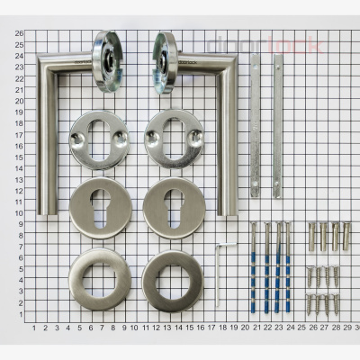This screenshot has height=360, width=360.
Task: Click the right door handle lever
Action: click(232, 135)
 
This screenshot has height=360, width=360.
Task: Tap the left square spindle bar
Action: click(256, 126)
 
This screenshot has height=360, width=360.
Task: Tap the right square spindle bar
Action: click(277, 126)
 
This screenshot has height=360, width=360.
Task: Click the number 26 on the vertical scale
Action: click(18, 33)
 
